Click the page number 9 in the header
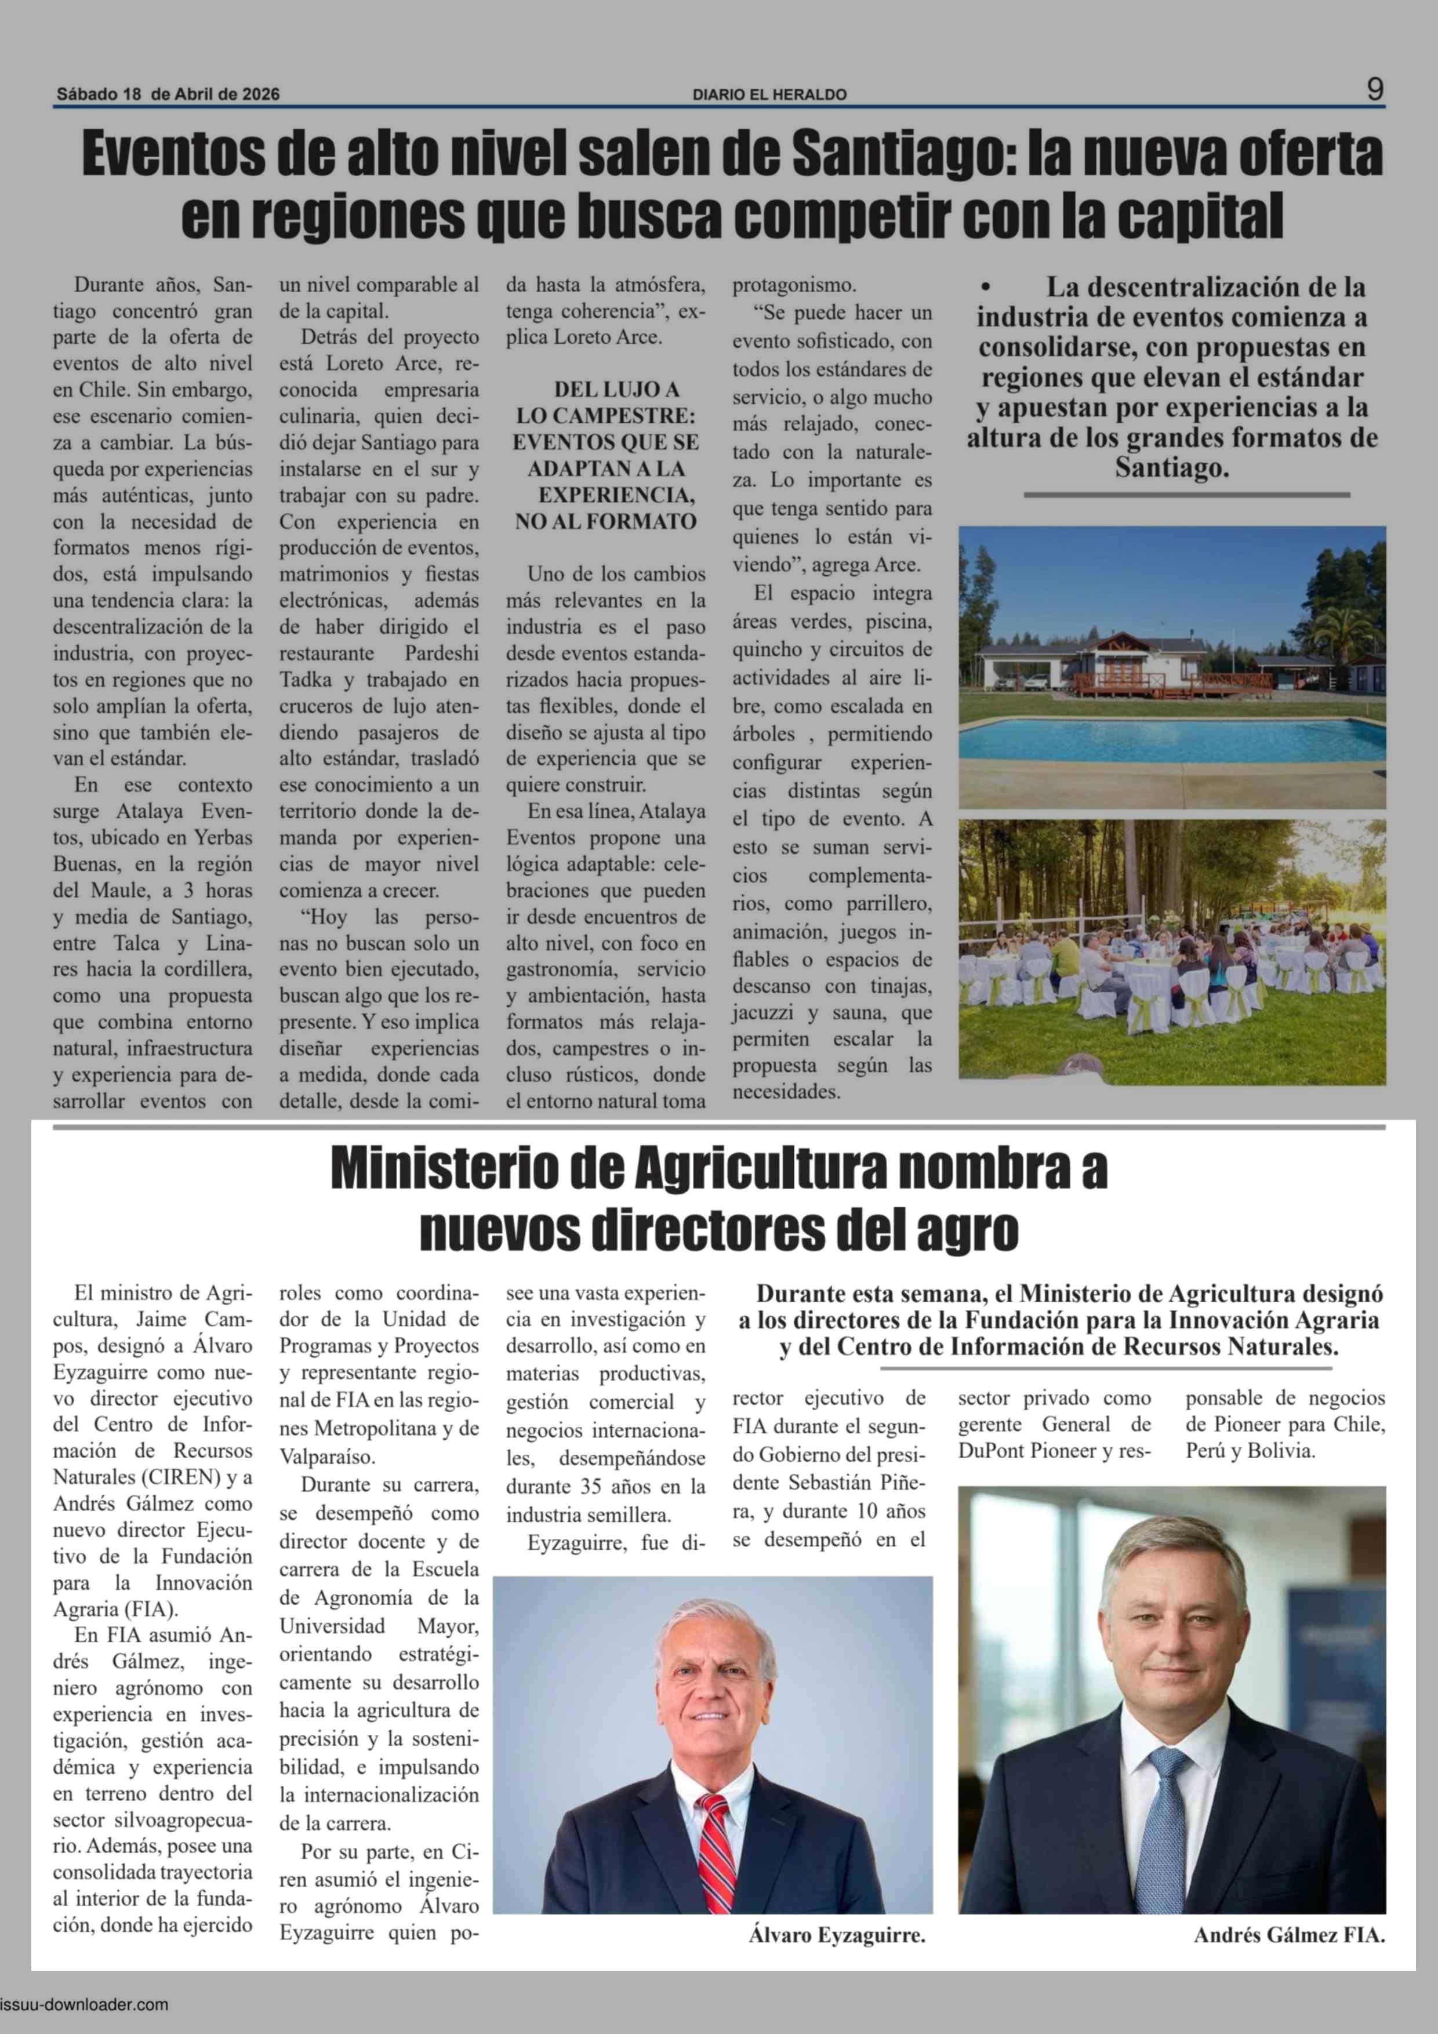(1374, 89)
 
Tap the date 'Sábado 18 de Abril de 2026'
(168, 94)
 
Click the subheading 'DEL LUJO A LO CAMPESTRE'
(606, 402)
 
